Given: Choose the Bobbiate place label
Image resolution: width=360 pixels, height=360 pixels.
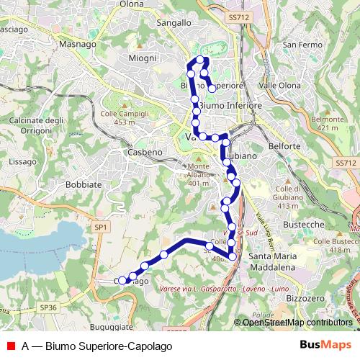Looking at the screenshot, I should tap(84, 184).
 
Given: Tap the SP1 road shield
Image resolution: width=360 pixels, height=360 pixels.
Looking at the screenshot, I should tap(101, 228).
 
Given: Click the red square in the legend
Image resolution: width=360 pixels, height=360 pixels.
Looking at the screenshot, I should tap(11, 345).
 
